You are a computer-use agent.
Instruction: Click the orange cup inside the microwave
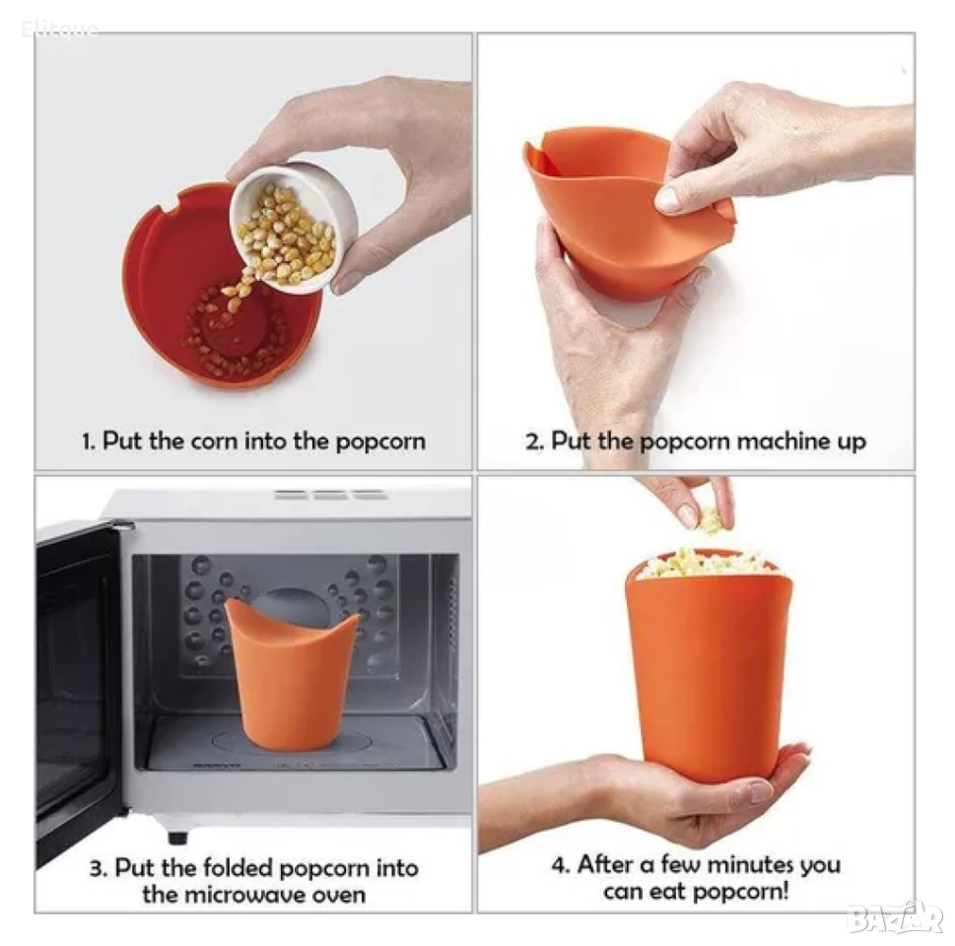point(291,673)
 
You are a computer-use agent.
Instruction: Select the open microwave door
point(76,682)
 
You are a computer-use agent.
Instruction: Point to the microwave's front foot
point(177,836)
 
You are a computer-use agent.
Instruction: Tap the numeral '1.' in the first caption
point(89,441)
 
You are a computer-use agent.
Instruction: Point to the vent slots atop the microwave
point(331,495)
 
